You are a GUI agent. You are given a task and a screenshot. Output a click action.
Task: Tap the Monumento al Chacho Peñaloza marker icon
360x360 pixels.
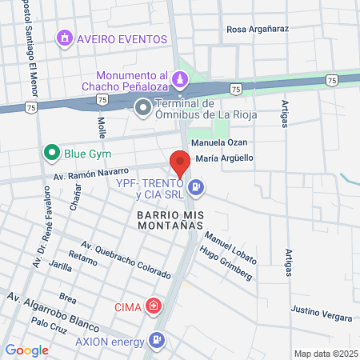tap(181, 78)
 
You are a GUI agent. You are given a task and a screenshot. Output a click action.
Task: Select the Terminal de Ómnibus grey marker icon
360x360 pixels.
tap(143, 106)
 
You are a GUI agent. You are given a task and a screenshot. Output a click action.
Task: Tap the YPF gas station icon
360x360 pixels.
tap(198, 189)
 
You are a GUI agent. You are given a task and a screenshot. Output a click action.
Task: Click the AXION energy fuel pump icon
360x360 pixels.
tap(158, 341)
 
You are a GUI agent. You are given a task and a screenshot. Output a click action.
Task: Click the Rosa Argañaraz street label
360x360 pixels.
tap(258, 30)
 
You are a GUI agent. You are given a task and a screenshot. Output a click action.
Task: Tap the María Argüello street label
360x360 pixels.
tap(224, 158)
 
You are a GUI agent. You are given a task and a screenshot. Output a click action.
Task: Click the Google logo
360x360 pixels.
tap(26, 350)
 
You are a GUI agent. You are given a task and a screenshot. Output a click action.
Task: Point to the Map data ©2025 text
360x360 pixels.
tap(323, 354)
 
